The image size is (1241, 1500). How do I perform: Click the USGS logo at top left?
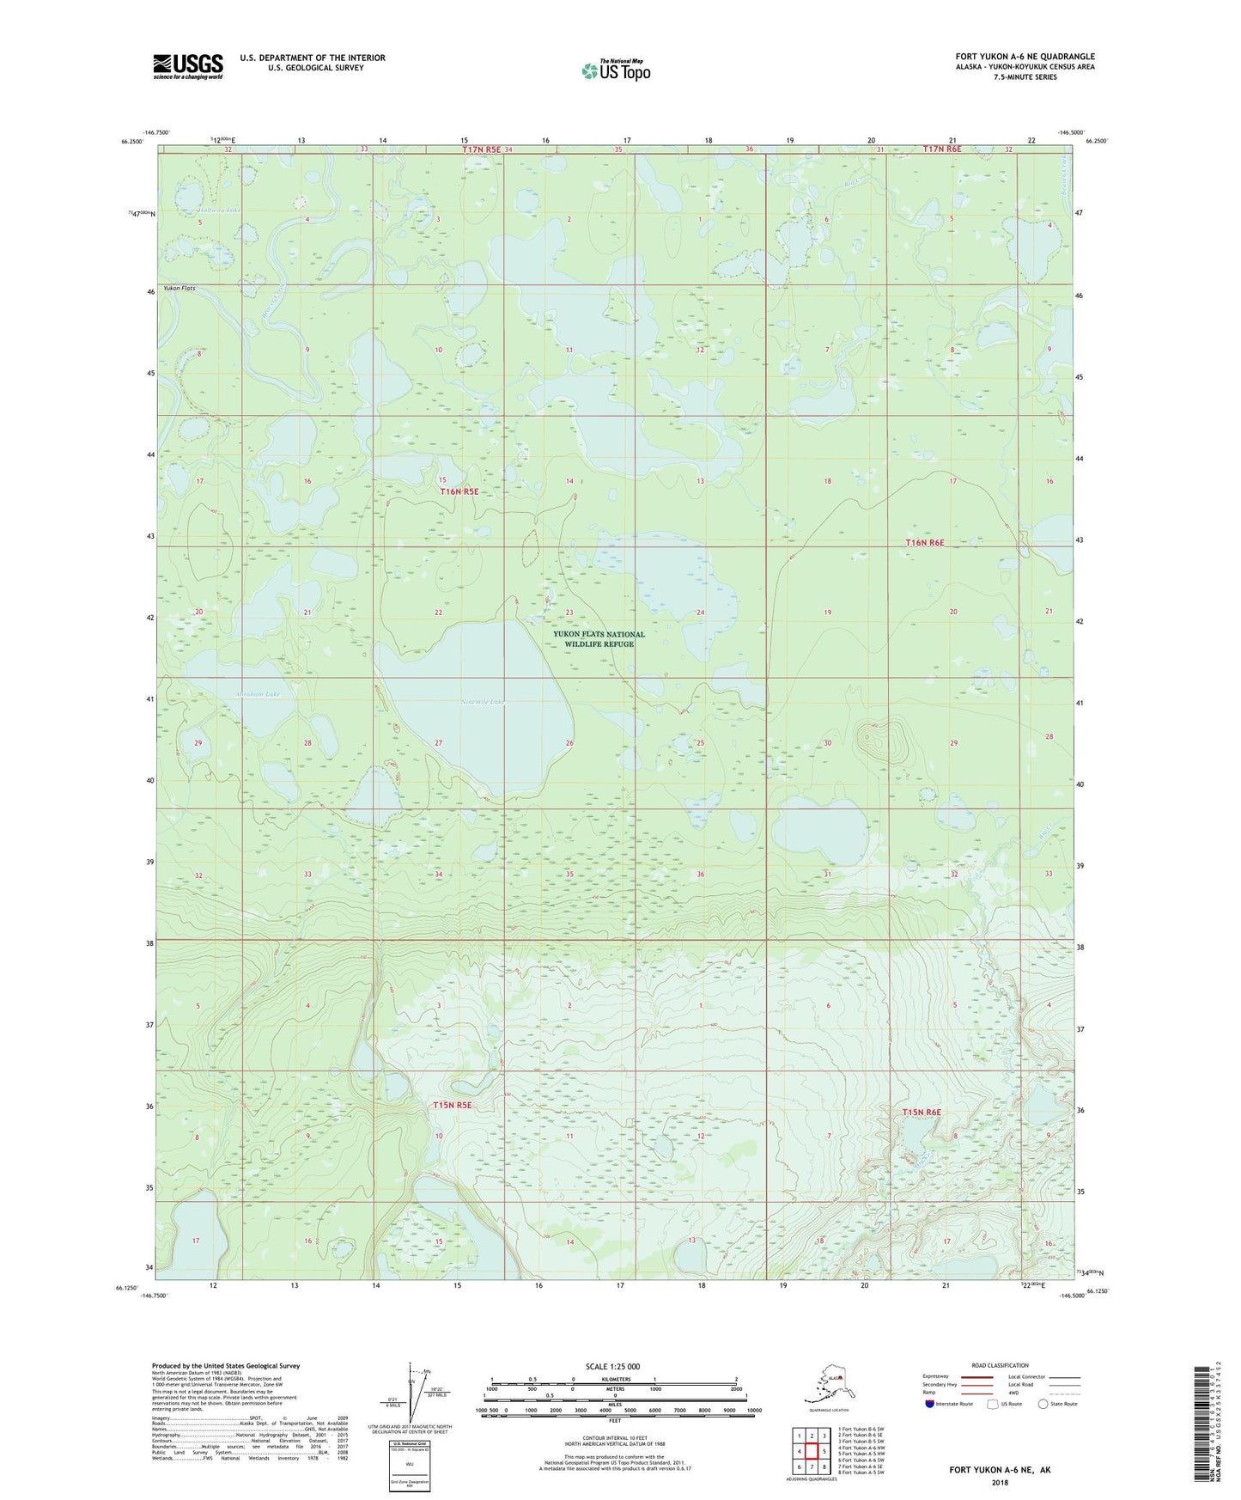point(188,66)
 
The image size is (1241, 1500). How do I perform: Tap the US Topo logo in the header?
point(616,70)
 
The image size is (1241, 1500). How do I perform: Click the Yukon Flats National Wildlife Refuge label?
point(599,639)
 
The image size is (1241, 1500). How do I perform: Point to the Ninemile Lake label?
point(483,702)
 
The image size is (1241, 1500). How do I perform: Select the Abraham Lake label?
point(258,693)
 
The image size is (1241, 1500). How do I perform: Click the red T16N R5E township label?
point(459,492)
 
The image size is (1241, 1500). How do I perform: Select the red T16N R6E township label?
point(925,543)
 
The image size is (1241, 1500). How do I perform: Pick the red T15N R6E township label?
point(922,1113)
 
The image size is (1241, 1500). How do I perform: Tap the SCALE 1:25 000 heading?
point(613,1367)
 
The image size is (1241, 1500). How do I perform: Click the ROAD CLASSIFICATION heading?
point(1000,1365)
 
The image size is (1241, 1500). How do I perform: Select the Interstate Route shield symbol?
point(930,1404)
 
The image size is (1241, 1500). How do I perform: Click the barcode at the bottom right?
point(1203,1422)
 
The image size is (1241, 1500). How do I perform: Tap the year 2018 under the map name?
point(1000,1482)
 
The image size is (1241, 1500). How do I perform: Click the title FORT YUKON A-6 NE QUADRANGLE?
point(1025,57)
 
